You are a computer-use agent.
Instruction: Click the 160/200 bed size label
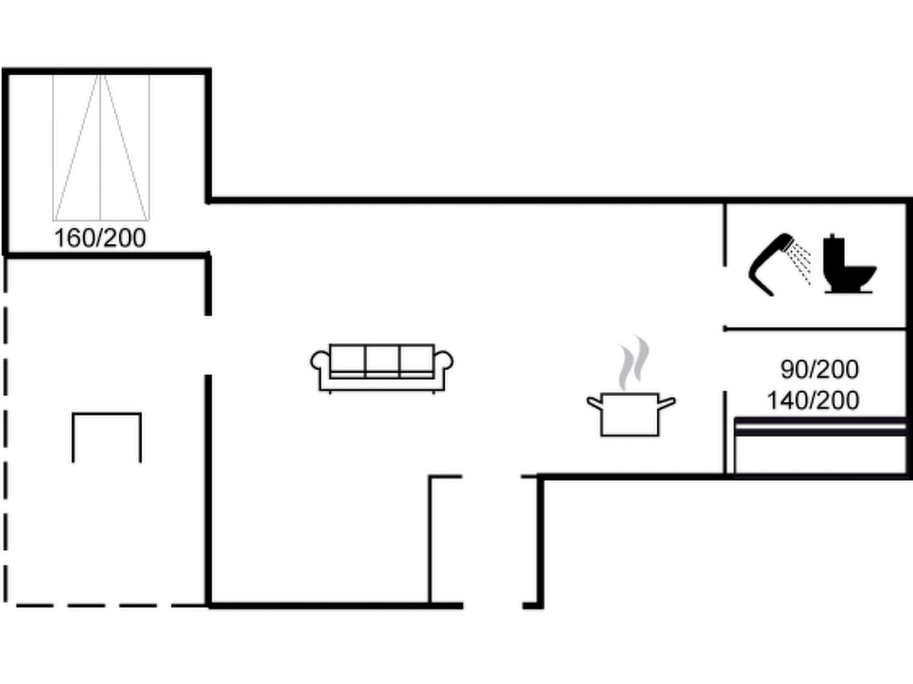[100, 238]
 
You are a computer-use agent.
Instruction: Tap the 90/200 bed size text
[819, 369]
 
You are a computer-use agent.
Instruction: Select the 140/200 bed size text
[813, 400]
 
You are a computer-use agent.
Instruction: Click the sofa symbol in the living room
[382, 368]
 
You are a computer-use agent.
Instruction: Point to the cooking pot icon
[631, 414]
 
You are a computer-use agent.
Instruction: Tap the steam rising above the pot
[633, 362]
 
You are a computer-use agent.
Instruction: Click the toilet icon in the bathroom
[849, 264]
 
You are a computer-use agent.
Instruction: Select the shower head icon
[772, 264]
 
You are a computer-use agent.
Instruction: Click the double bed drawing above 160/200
[101, 147]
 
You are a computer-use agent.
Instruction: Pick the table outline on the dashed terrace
[107, 438]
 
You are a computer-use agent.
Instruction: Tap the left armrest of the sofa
[321, 362]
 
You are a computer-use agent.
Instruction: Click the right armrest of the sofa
[444, 361]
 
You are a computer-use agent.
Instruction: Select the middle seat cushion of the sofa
[382, 361]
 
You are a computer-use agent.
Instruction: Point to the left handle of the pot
[594, 403]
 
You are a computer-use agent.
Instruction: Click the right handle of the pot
[667, 403]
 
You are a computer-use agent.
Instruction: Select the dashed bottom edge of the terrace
[105, 606]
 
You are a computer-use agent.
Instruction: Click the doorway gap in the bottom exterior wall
[493, 606]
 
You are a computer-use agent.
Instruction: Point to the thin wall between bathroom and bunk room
[814, 329]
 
